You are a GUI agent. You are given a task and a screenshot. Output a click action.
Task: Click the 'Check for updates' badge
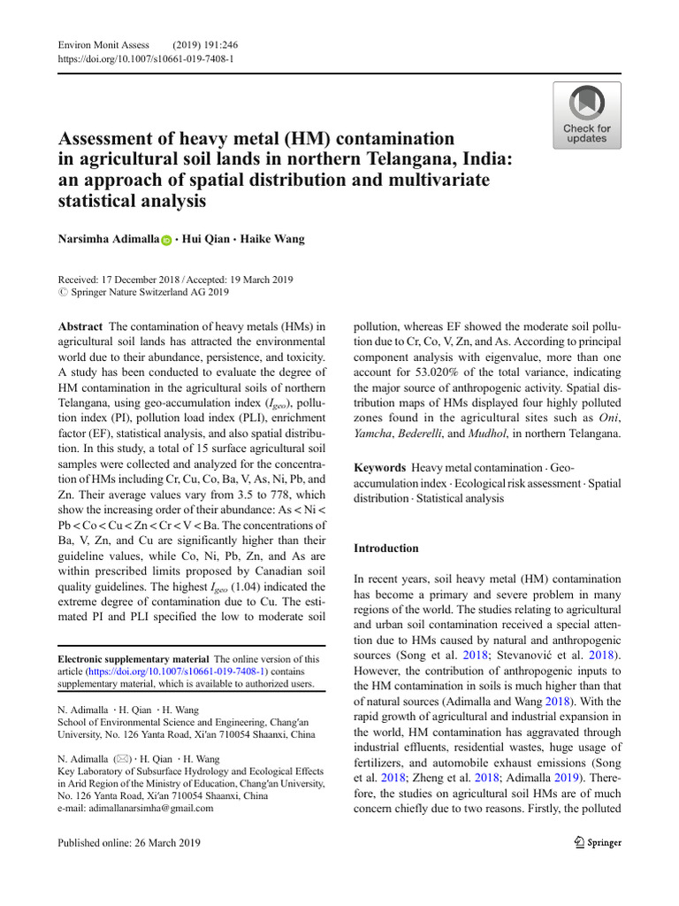[x=586, y=115]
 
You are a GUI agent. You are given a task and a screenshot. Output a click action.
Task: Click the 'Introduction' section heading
[x=386, y=549]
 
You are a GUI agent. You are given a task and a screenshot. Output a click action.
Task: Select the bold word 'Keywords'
[x=379, y=467]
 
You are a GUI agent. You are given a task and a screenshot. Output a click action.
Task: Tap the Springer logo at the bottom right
[x=597, y=843]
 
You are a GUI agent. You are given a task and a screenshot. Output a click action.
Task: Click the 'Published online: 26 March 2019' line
[x=128, y=843]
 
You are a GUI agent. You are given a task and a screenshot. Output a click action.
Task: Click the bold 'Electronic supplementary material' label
[x=134, y=659]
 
